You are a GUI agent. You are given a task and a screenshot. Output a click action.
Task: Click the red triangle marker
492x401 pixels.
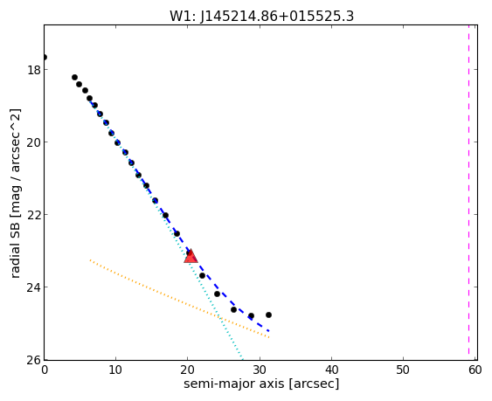[x=191, y=256]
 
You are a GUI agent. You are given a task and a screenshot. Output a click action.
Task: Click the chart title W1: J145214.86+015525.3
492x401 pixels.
[x=261, y=16]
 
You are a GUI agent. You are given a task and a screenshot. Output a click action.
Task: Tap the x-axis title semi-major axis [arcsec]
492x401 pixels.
[x=261, y=384]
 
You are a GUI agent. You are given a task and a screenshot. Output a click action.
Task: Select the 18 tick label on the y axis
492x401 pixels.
[x=34, y=70]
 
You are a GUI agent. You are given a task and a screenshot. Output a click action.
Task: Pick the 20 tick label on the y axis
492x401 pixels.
[x=34, y=142]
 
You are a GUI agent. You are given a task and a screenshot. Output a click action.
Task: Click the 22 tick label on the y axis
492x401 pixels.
[x=34, y=215]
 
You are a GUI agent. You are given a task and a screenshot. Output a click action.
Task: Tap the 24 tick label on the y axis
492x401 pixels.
[x=34, y=287]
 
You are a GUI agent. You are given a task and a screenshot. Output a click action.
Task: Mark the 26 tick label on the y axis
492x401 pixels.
[x=34, y=360]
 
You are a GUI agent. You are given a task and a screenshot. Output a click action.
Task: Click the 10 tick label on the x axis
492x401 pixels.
[x=115, y=370]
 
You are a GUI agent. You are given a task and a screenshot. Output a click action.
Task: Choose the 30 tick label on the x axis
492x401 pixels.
[x=260, y=370]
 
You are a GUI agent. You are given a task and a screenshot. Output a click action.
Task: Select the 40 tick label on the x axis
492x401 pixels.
[x=331, y=370]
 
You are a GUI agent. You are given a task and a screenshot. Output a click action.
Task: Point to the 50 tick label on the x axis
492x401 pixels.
[x=403, y=370]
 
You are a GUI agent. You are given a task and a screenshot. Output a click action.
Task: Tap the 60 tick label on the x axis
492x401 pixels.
[x=475, y=370]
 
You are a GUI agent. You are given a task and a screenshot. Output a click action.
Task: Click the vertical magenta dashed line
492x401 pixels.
[x=468, y=192]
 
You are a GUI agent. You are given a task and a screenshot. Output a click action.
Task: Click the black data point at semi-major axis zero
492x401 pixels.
[x=45, y=57]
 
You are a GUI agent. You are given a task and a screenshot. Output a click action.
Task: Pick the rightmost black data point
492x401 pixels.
[x=268, y=315]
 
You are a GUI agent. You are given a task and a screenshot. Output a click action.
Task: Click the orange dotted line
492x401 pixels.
[x=179, y=299]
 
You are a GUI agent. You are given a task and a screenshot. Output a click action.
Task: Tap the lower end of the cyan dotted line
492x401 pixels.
[x=242, y=359]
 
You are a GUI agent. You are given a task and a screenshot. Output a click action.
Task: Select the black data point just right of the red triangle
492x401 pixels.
[x=202, y=275]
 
